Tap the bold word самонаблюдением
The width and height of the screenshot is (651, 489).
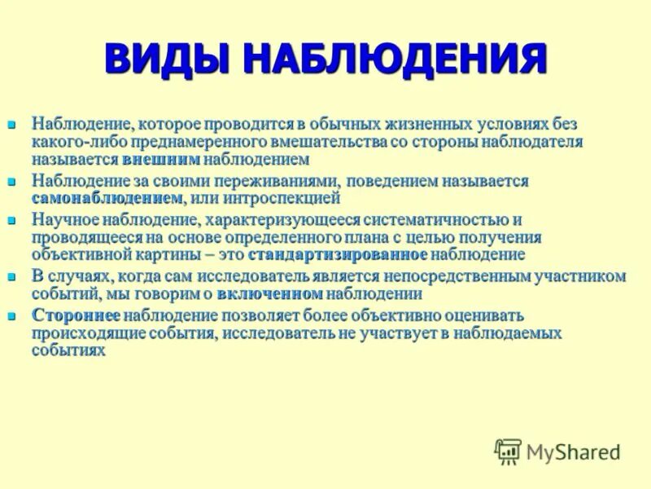[107, 197]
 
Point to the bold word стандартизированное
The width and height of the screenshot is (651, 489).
[338, 254]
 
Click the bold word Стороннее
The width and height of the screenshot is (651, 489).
[76, 315]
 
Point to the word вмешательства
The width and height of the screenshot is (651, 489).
[334, 142]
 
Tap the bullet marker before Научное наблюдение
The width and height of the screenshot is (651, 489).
[11, 221]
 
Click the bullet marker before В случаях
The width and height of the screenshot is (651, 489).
[11, 277]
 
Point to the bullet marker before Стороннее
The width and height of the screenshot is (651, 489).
[11, 315]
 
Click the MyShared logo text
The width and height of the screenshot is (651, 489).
[573, 452]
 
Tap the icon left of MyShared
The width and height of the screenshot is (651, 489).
[509, 451]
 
